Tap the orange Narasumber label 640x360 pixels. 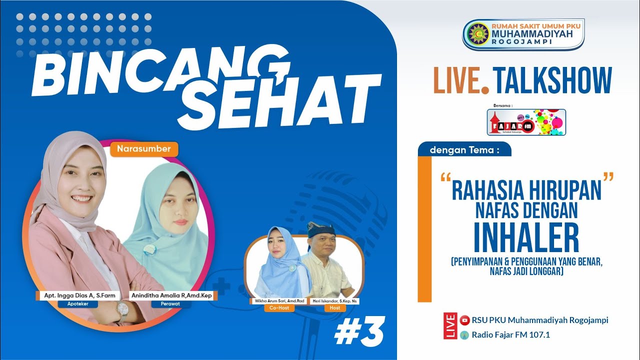(144, 148)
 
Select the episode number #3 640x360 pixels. (359, 331)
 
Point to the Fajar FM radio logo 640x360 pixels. (526, 122)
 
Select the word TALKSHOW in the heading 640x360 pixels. (552, 80)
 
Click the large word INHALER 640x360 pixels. (526, 238)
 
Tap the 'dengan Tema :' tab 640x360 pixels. (463, 149)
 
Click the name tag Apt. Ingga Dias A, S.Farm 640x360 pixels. (79, 295)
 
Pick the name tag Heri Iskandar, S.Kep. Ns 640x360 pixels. (334, 301)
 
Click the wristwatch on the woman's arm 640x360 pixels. (122, 313)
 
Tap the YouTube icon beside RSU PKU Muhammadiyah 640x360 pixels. (464, 320)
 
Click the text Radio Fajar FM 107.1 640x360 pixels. (510, 335)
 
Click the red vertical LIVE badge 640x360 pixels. (450, 326)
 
